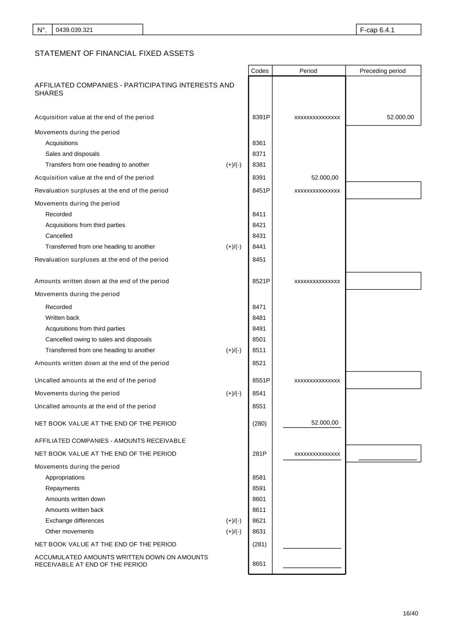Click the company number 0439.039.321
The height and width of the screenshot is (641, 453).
coord(74,30)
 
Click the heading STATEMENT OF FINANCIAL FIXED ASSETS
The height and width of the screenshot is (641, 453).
coord(114,54)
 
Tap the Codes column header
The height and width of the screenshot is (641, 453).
coord(260,71)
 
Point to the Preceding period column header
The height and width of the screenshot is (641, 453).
coord(382,71)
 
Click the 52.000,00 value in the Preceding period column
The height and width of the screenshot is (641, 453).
coord(400,117)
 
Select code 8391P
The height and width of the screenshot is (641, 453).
coord(261,117)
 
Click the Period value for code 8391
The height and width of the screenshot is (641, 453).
coord(324,178)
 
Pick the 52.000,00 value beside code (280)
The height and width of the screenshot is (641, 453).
coord(324,423)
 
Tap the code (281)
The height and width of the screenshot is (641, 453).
coord(259,544)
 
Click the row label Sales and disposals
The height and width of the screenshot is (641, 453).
coord(72,154)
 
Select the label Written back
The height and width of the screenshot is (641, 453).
coord(62,318)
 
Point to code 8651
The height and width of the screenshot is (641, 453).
coord(259,564)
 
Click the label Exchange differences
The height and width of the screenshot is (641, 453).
coord(75,521)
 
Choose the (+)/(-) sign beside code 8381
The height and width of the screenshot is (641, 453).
coord(233,165)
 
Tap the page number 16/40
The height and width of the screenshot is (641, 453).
coord(410,613)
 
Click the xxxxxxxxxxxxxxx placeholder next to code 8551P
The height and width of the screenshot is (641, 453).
coord(317,380)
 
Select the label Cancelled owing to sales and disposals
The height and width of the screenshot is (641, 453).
coord(98,340)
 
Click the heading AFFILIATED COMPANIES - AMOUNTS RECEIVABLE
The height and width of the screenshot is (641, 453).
coord(110,441)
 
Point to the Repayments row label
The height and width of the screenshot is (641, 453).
coord(62,488)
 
